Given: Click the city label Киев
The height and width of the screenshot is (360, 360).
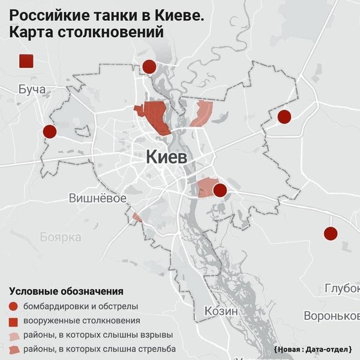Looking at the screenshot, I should (x=167, y=157).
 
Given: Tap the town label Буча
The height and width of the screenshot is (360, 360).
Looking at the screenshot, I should (x=32, y=90).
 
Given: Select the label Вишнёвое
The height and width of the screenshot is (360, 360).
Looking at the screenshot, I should (x=97, y=198).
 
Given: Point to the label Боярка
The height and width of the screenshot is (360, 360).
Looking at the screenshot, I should (x=61, y=237).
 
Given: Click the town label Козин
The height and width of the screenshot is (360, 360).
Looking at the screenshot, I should (x=221, y=311).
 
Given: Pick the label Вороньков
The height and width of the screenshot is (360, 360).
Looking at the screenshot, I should (x=331, y=316).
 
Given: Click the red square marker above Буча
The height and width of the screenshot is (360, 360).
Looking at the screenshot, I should (x=26, y=61).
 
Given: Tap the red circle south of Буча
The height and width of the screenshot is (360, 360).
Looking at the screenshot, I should (x=50, y=131).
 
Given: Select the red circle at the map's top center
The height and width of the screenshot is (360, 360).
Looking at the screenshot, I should (x=149, y=67).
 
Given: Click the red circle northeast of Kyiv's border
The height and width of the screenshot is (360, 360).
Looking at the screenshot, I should (x=284, y=116).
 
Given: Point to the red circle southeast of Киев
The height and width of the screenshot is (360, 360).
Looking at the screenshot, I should (x=220, y=190).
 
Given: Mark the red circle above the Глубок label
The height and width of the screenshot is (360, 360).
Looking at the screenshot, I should (x=330, y=234).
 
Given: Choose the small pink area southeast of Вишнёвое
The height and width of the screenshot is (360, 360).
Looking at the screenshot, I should (x=137, y=217).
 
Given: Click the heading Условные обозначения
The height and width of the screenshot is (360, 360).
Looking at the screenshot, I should (x=66, y=292).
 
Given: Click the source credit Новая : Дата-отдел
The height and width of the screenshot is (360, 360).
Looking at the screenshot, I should (x=312, y=349).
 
